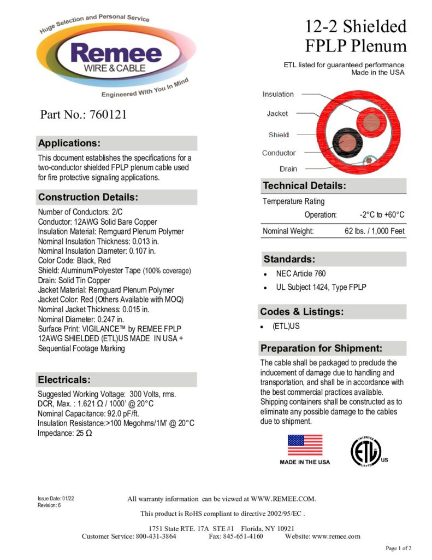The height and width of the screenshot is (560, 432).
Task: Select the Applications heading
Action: [x=69, y=143]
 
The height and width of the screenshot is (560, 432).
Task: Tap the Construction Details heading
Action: [x=87, y=197]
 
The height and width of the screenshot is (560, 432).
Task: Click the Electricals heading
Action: [x=64, y=380]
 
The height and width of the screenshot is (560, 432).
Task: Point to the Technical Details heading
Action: [x=304, y=186]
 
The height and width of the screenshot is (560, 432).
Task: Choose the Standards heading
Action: [x=289, y=259]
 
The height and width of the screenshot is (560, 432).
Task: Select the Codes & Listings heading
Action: [x=301, y=312]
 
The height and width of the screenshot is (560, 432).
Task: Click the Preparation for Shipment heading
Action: [x=321, y=348]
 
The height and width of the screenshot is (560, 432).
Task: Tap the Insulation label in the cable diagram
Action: [x=278, y=94]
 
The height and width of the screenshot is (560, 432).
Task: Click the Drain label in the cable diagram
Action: [x=288, y=169]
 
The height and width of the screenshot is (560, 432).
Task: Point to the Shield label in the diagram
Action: [x=279, y=135]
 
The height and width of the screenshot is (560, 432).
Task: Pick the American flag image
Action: [x=305, y=445]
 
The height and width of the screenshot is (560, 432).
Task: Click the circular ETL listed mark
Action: [x=365, y=452]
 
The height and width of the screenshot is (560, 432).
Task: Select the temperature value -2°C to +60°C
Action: [x=382, y=215]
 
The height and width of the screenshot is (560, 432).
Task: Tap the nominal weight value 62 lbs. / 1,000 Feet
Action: [x=374, y=231]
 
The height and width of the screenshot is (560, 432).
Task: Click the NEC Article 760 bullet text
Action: [x=297, y=273]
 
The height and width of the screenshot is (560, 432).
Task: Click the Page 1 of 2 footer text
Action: [x=398, y=548]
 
